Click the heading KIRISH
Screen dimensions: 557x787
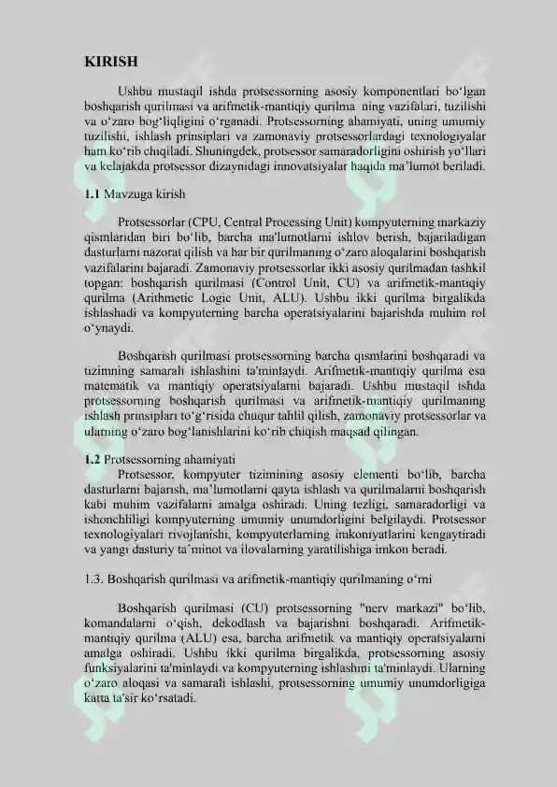click(111, 62)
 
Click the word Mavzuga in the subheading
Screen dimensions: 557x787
click(127, 194)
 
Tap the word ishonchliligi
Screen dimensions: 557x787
click(117, 519)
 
